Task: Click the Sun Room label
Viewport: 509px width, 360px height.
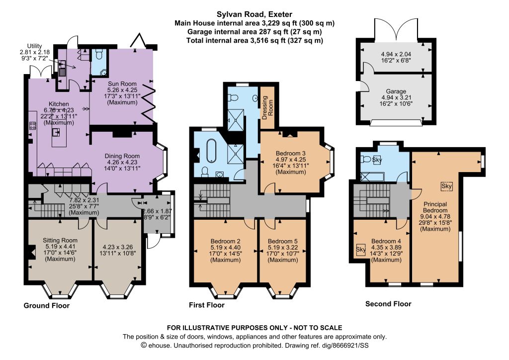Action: pos(122,84)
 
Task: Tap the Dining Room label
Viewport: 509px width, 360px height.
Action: pos(122,156)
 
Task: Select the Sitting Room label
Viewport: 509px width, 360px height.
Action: pos(60,241)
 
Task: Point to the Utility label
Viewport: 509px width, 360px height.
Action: pos(34,46)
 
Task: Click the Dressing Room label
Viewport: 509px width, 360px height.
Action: pos(268,107)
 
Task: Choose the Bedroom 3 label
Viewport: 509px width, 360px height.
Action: pos(290,154)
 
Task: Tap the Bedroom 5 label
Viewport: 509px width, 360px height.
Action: pos(282,242)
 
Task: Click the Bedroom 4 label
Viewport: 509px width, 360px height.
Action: pos(386,242)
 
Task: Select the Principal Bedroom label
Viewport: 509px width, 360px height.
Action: pos(435,207)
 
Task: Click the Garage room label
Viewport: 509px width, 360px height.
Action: pos(396,91)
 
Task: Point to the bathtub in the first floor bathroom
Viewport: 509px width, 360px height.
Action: pos(211,151)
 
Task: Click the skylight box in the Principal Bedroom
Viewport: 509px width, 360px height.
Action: pos(446,186)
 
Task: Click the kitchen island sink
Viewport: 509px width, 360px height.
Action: pos(56,132)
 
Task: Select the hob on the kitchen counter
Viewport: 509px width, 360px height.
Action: pos(32,125)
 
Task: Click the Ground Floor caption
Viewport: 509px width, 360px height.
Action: pos(47,306)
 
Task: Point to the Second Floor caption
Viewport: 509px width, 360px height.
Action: pos(388,304)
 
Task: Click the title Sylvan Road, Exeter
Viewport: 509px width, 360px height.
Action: pos(254,14)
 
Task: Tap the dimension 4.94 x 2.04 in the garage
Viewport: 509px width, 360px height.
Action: pos(396,54)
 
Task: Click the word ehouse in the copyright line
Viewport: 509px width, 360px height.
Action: pos(159,346)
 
